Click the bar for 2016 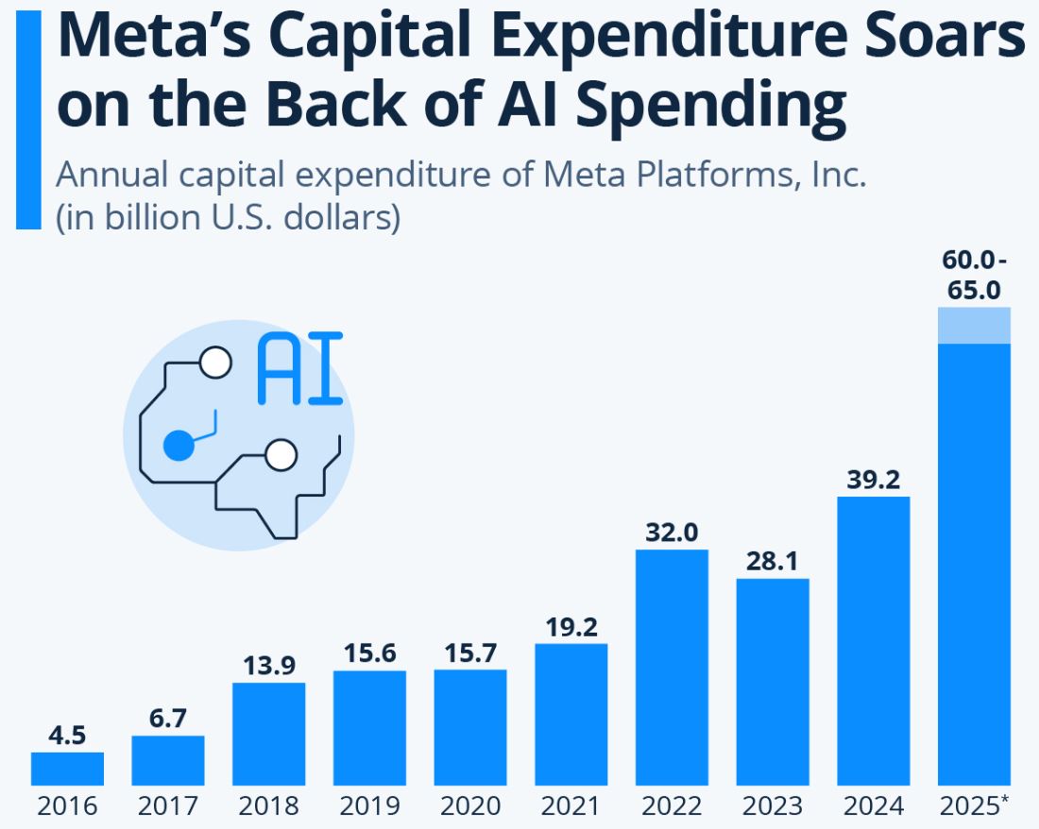(67, 769)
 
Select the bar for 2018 (268, 734)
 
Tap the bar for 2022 (672, 667)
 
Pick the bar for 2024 (874, 640)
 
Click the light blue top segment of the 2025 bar (974, 326)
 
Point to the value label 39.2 (874, 480)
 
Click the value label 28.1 (773, 562)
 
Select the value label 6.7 (168, 719)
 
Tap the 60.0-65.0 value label (974, 275)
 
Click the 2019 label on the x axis (369, 806)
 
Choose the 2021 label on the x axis (571, 806)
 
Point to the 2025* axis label (974, 806)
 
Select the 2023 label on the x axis (773, 806)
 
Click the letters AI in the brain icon (299, 368)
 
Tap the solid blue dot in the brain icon (178, 444)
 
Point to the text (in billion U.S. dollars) (228, 217)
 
